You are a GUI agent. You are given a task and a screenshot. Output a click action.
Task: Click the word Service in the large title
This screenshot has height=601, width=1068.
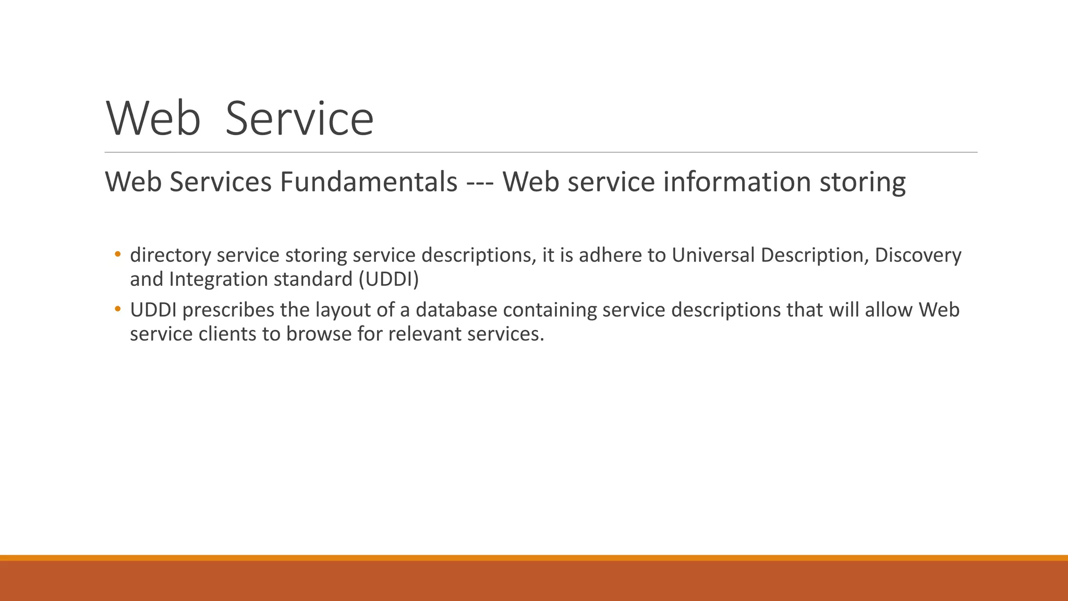299,119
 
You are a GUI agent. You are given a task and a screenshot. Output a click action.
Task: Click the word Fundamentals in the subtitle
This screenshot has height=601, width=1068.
368,182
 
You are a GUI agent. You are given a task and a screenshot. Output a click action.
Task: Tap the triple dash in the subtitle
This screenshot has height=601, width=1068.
480,182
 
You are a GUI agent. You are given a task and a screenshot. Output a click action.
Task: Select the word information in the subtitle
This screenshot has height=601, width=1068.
737,182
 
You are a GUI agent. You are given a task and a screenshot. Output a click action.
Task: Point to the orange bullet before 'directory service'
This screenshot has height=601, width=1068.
118,255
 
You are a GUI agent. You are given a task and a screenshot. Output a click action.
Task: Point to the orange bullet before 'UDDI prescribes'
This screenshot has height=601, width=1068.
118,309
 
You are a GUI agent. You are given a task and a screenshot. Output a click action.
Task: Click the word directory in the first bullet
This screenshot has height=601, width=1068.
171,255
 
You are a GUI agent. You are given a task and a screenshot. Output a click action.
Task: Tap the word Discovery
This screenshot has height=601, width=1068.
918,255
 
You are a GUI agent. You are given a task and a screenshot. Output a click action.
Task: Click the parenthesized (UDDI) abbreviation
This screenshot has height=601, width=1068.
389,280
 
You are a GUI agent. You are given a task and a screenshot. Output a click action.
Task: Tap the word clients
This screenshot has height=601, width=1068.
227,334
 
